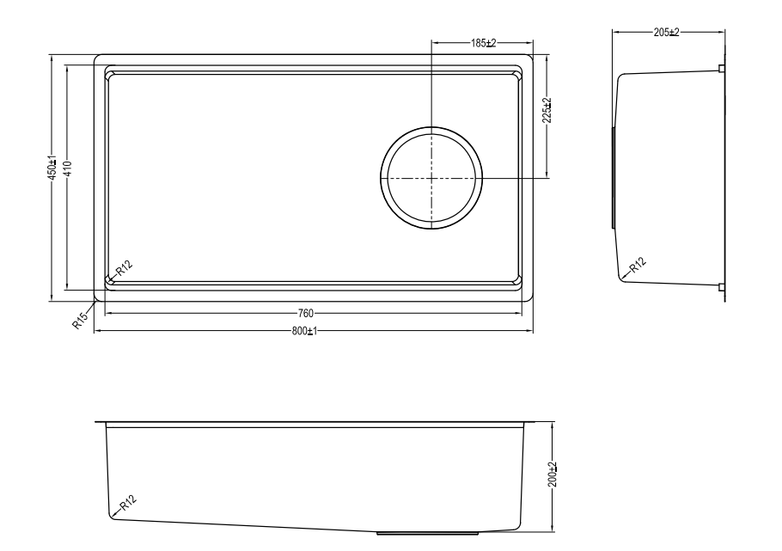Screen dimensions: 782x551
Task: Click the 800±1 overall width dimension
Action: coord(304,331)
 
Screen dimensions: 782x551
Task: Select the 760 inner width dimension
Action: coord(305,314)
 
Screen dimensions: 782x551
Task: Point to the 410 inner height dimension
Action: coord(69,168)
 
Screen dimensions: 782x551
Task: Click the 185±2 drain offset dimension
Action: coord(483,44)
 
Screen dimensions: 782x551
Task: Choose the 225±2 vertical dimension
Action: coord(547,110)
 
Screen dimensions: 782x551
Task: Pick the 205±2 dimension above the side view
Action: coord(666,33)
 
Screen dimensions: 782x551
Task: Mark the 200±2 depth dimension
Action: coord(552,474)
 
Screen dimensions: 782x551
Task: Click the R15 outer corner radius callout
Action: coord(80,319)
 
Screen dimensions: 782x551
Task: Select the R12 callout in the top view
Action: coord(125,268)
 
